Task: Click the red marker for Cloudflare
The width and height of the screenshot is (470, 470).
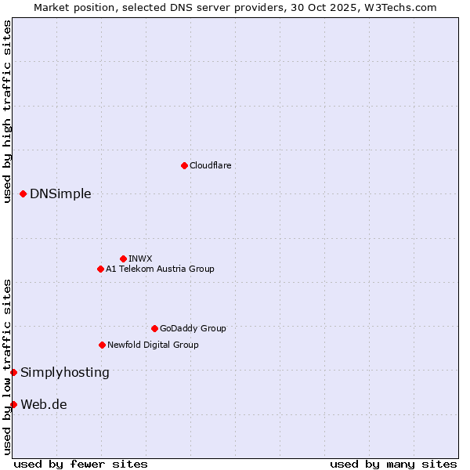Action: click(184, 165)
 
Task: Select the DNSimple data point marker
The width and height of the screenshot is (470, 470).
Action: click(23, 193)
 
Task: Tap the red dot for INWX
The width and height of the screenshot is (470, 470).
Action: click(123, 258)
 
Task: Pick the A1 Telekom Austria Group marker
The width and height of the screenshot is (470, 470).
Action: click(100, 269)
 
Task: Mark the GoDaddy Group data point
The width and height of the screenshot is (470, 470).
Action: click(154, 328)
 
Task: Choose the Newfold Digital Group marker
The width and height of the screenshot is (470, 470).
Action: click(102, 345)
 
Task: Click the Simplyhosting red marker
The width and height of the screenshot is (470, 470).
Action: click(13, 372)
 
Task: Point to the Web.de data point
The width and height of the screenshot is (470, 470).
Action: click(13, 404)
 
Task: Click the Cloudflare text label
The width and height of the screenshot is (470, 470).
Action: click(210, 165)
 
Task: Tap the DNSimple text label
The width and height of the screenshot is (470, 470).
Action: click(60, 193)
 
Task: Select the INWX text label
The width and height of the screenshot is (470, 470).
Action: click(140, 258)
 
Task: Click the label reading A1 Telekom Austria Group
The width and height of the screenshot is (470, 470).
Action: click(160, 269)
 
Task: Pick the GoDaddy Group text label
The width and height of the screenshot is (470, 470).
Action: click(193, 328)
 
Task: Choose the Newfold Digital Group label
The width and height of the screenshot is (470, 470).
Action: click(153, 345)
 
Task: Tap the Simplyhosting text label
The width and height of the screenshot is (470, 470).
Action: click(65, 372)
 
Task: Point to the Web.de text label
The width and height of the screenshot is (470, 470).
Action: click(44, 404)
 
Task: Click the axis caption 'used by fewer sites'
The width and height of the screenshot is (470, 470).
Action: click(81, 464)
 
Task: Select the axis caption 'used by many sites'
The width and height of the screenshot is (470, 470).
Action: click(393, 464)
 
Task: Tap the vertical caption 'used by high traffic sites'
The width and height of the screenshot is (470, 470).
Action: click(7, 111)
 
